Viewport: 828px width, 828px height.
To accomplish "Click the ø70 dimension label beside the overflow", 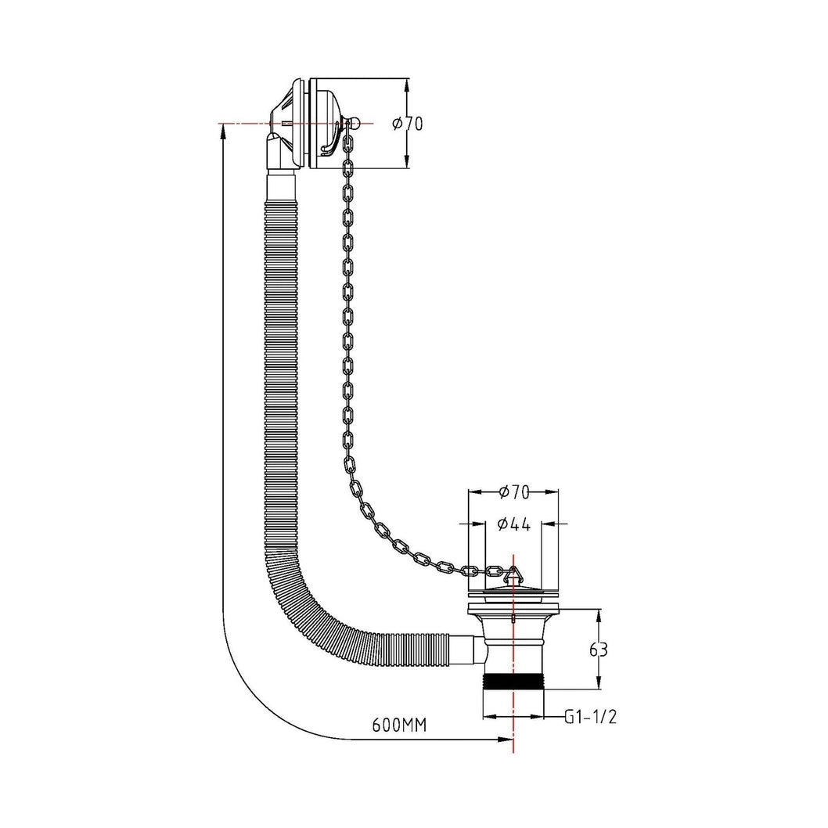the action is [x=408, y=124].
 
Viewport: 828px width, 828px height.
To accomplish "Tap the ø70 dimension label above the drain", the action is [x=514, y=491].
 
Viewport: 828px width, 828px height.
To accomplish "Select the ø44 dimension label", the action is [x=514, y=524].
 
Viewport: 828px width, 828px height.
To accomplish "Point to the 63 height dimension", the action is [x=598, y=650].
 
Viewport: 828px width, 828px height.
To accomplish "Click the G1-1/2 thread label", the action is [x=590, y=717].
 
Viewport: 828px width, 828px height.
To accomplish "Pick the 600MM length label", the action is [x=399, y=725].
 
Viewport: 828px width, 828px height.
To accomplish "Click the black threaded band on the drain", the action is [x=514, y=679].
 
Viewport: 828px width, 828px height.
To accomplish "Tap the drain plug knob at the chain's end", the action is [x=513, y=574].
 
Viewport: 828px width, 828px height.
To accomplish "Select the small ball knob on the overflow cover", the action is [x=355, y=124].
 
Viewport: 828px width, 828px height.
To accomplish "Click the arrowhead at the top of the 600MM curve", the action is [x=223, y=132].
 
